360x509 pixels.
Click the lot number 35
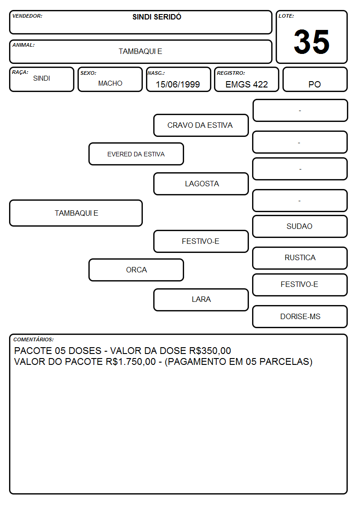tap(311, 42)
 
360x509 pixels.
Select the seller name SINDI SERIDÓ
tap(157, 17)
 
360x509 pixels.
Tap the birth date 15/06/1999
tap(178, 84)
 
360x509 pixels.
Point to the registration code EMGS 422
tap(247, 84)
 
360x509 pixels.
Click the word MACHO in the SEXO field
tap(110, 83)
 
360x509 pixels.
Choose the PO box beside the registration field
tap(315, 79)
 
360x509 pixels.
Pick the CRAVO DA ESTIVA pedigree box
tap(201, 125)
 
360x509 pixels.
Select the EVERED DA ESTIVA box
tap(136, 154)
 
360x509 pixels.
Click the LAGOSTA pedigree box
tap(201, 184)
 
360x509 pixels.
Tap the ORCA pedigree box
tap(136, 270)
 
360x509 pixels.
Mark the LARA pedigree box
tap(201, 300)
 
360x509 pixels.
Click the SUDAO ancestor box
tap(300, 226)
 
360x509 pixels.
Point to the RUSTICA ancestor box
tap(300, 258)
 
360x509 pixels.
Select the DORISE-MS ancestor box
tap(300, 316)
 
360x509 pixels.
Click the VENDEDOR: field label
tap(27, 16)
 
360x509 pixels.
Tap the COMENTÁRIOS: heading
tap(34, 339)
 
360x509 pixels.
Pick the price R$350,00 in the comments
tap(210, 350)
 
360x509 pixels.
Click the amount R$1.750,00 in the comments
tap(131, 362)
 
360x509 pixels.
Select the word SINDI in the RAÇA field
tap(42, 78)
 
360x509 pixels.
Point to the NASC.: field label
tap(156, 73)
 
